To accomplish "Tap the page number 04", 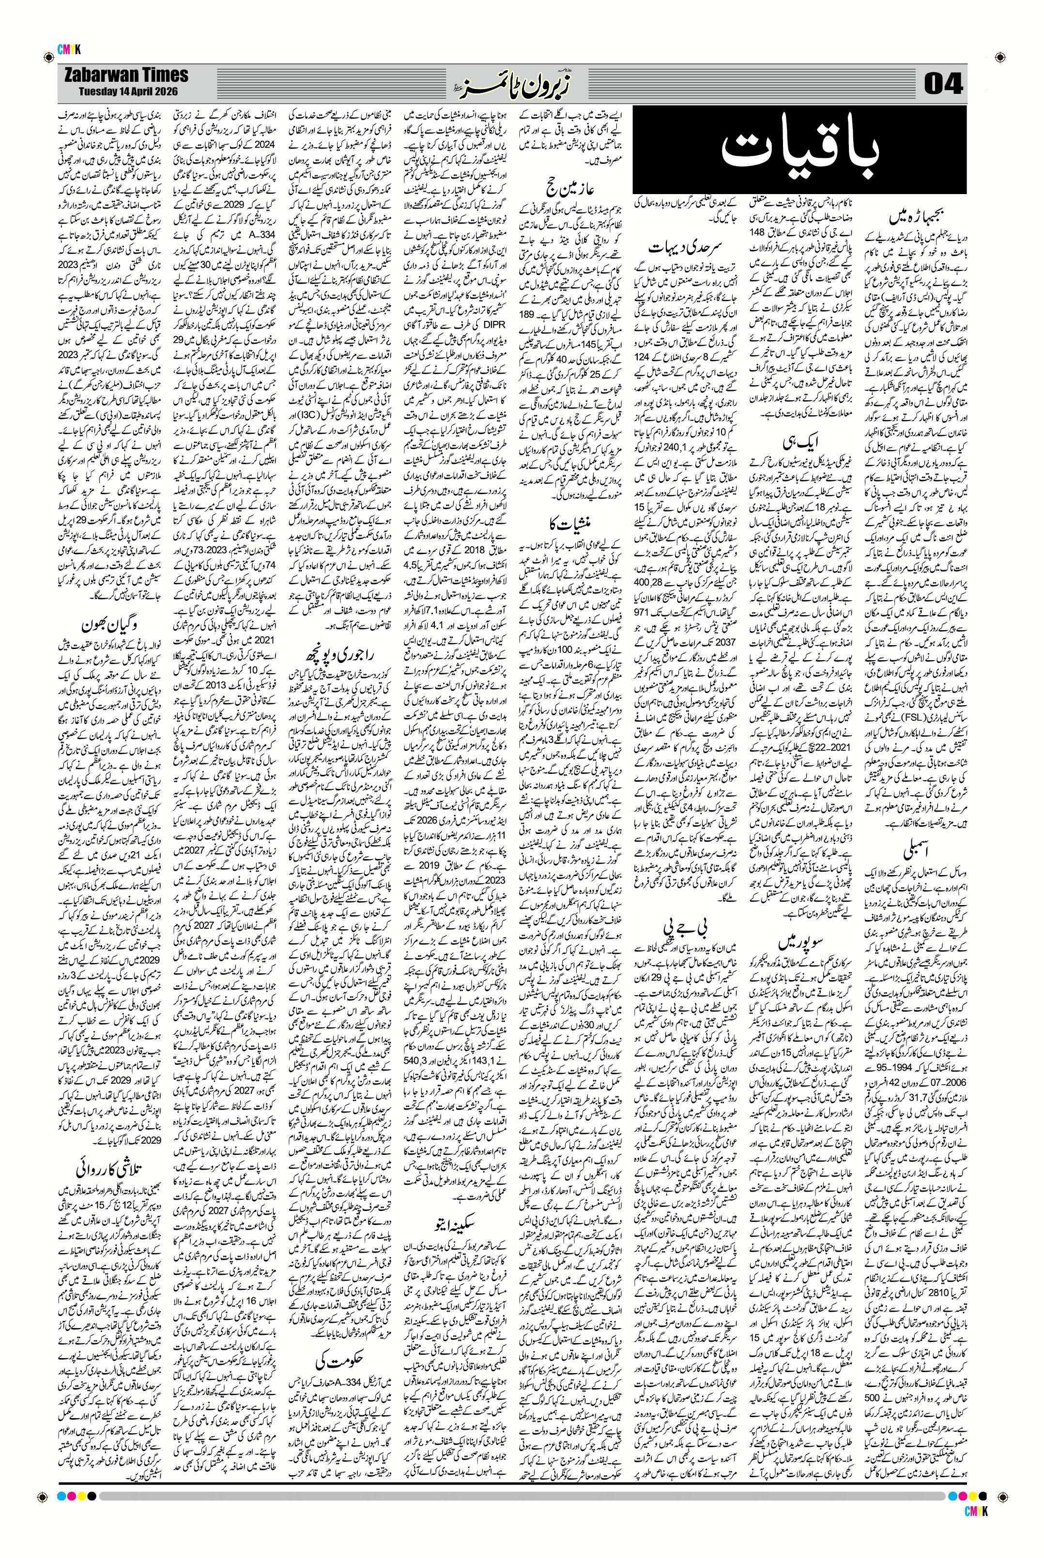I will [x=944, y=85].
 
